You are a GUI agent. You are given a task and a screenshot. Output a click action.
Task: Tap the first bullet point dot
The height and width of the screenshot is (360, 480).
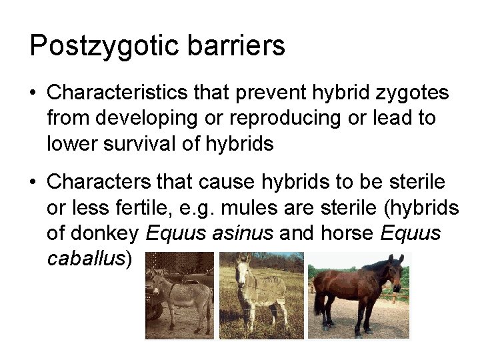(x=33, y=93)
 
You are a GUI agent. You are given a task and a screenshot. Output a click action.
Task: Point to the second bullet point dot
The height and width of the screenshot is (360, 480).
(x=33, y=182)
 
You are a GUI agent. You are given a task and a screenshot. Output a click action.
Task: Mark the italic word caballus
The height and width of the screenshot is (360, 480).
(x=86, y=258)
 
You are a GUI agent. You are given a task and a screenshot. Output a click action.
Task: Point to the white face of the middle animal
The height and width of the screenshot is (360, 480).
(x=243, y=267)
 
